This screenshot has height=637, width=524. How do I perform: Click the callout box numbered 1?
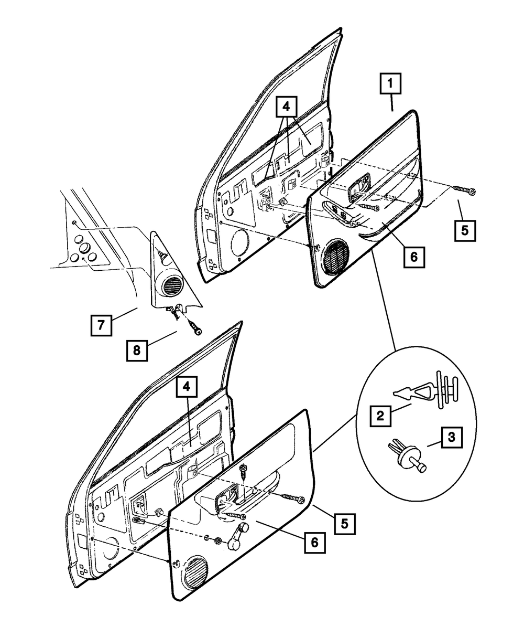(390, 83)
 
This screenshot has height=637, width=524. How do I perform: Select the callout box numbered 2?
(380, 416)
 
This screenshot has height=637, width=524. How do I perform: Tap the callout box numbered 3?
(452, 437)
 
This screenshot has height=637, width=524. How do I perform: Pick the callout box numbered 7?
(101, 325)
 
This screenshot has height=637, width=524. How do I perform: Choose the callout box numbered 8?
(137, 351)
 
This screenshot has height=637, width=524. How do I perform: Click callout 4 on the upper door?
(287, 107)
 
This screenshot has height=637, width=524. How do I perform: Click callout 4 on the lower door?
(187, 387)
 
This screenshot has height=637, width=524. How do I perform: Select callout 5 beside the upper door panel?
(465, 231)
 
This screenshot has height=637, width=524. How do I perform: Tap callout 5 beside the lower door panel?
(345, 524)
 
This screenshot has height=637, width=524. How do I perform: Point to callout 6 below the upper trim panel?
(414, 257)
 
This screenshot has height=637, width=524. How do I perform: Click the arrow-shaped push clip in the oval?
(426, 390)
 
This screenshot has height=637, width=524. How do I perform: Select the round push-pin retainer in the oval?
(407, 458)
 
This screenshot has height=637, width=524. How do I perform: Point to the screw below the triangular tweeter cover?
(195, 327)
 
